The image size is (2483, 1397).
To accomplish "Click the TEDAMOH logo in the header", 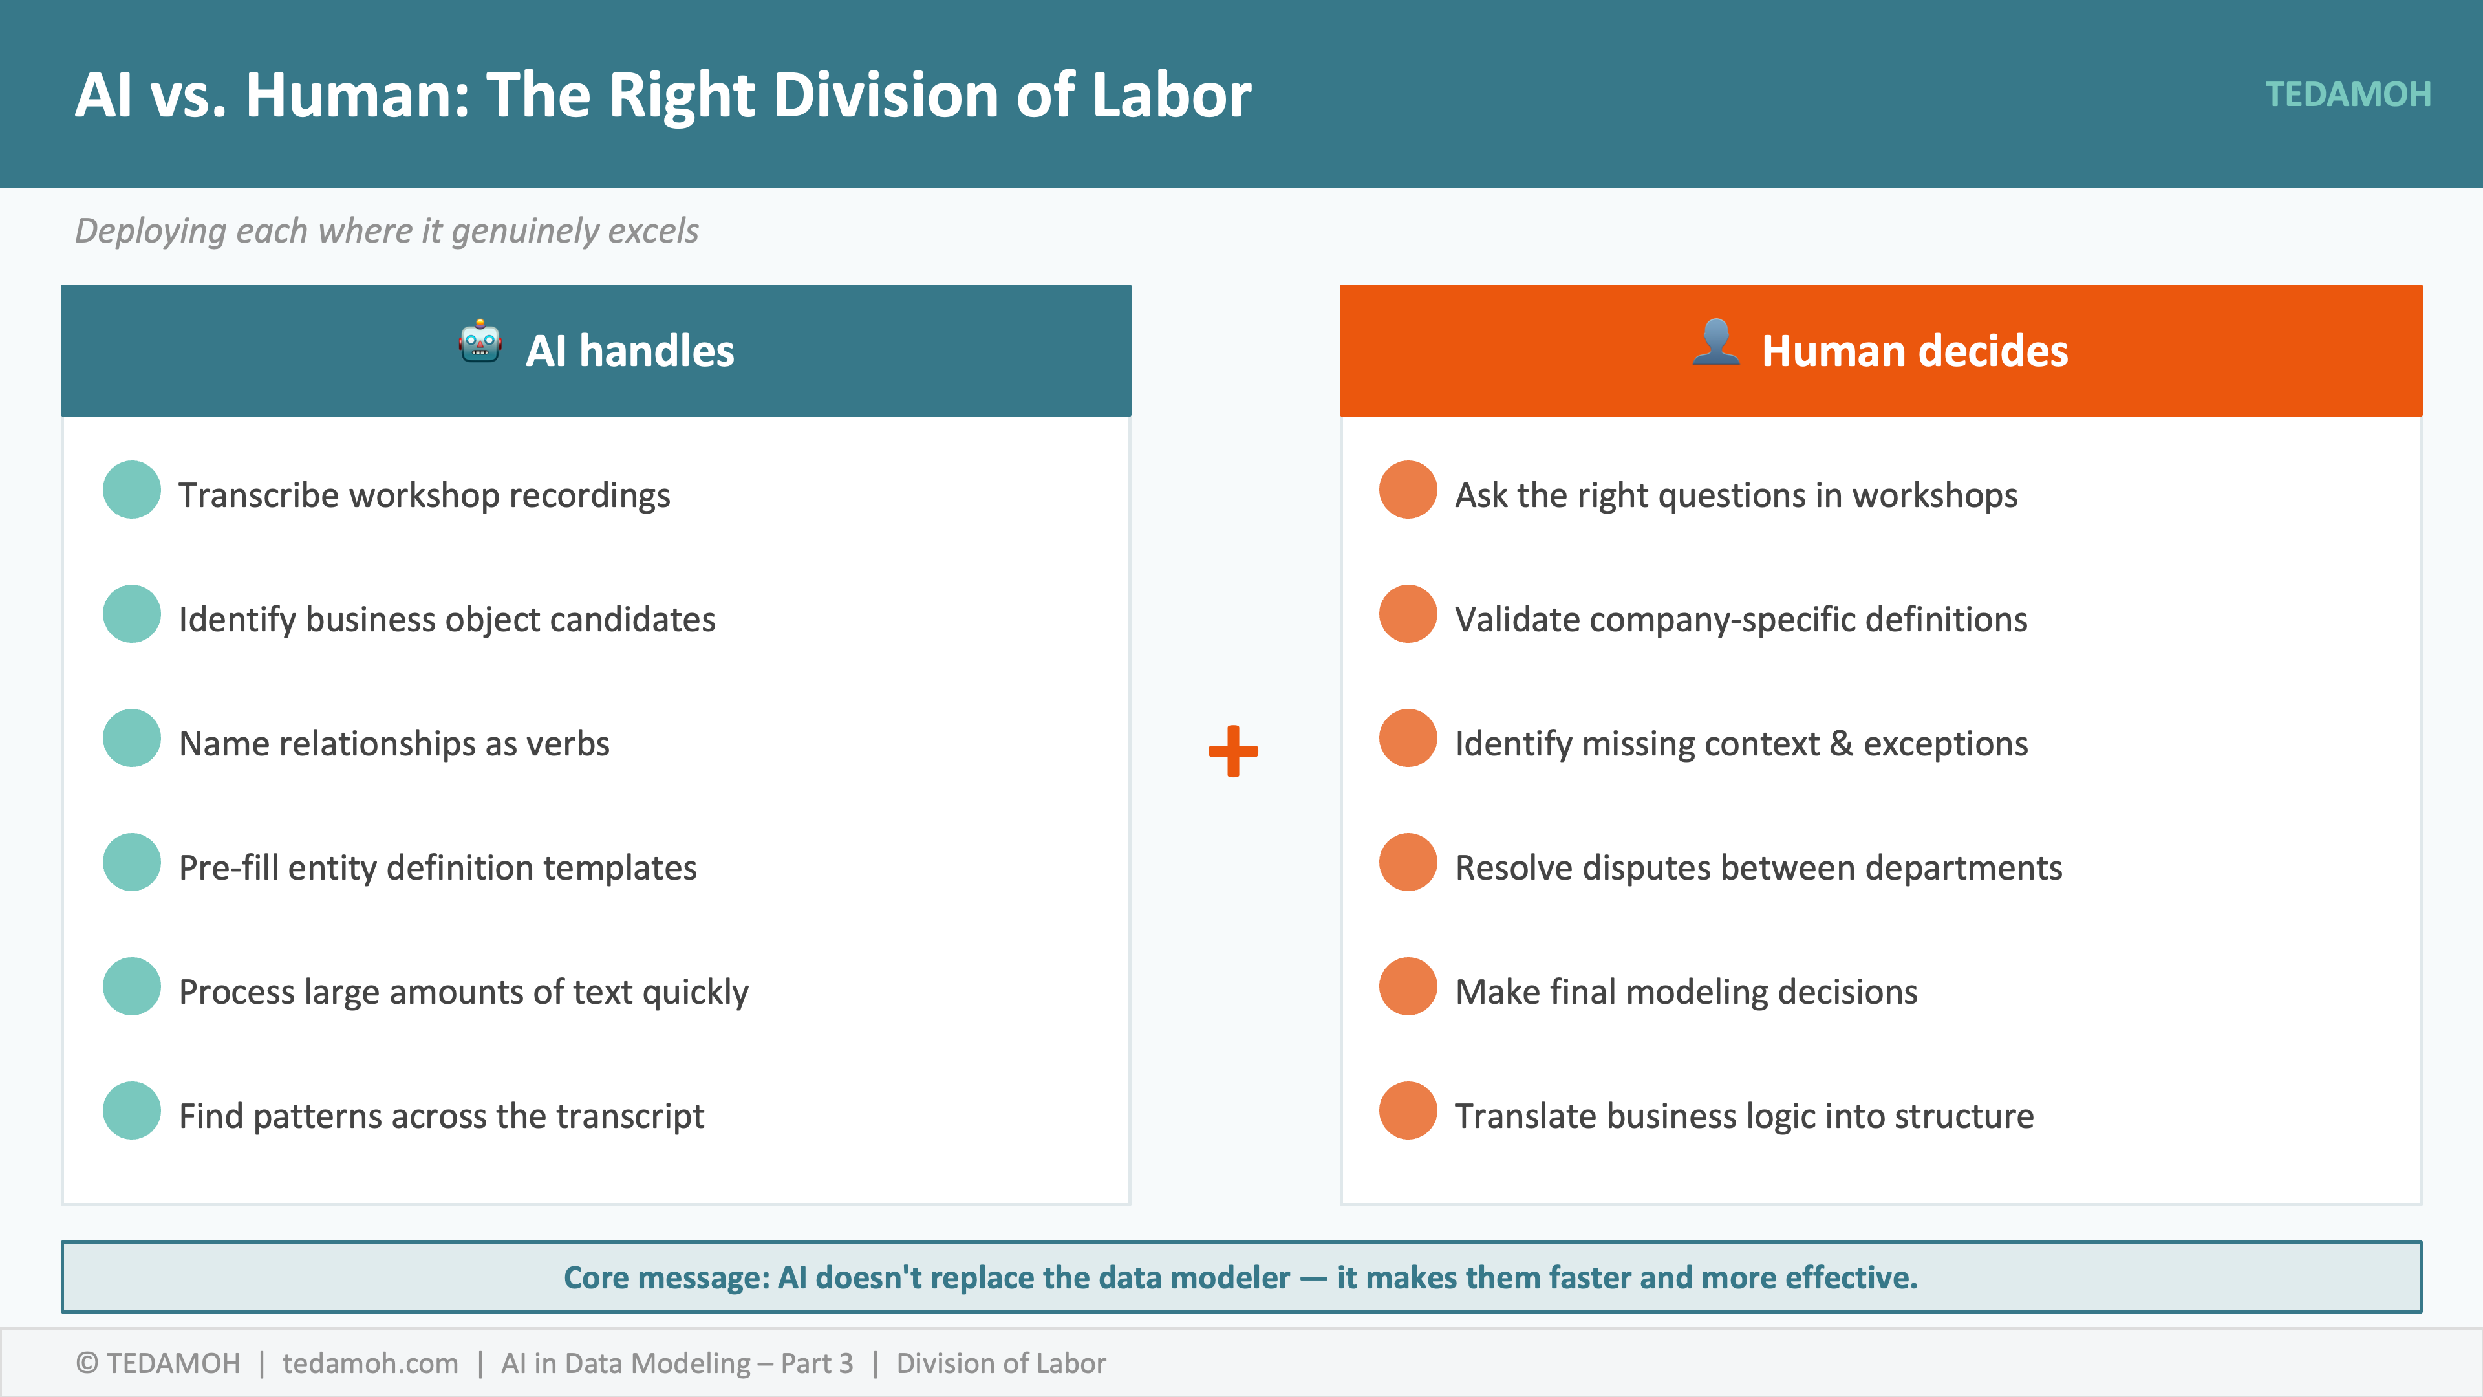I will (x=2347, y=94).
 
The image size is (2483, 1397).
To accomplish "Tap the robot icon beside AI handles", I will (x=480, y=342).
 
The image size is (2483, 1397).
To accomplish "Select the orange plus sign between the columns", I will (x=1233, y=751).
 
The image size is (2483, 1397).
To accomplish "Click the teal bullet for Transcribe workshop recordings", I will (x=132, y=490).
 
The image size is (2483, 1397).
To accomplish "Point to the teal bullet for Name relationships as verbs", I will (x=132, y=739).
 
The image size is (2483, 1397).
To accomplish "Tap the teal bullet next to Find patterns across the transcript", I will (x=132, y=1110).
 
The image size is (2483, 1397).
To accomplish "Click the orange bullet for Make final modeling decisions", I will (x=1407, y=986).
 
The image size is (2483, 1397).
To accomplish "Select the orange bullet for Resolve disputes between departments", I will (x=1407, y=862).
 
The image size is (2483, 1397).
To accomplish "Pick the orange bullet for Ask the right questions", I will (x=1407, y=490).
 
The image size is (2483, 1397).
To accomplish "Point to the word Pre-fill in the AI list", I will (x=228, y=868).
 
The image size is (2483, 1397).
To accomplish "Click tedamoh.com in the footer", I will (x=370, y=1363).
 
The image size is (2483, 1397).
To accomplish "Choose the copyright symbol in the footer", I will (x=87, y=1363).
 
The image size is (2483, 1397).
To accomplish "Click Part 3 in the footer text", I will (x=817, y=1363).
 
